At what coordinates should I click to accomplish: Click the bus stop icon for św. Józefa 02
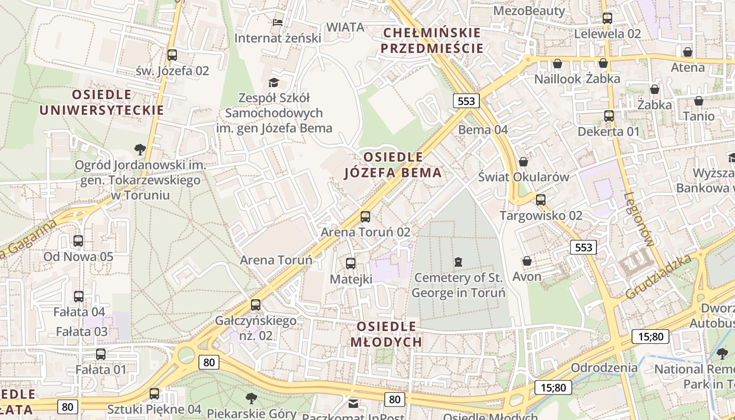[x=172, y=55]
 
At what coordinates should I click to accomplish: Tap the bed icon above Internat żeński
[x=278, y=22]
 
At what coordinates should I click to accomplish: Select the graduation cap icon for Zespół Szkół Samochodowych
[x=274, y=82]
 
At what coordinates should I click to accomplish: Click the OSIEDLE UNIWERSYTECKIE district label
[x=102, y=102]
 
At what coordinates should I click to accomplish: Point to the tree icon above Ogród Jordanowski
[x=140, y=150]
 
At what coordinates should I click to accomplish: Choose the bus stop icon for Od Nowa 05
[x=78, y=241]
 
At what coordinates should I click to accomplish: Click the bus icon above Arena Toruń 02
[x=365, y=216]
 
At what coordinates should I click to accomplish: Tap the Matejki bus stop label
[x=351, y=279]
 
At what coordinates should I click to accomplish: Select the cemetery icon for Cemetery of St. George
[x=458, y=261]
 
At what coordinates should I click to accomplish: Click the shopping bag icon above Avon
[x=527, y=261]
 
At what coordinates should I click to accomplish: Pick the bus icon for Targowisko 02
[x=541, y=199]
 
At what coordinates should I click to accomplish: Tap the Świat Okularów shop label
[x=523, y=177]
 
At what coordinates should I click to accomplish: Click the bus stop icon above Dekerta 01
[x=608, y=116]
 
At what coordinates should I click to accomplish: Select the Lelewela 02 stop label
[x=608, y=34]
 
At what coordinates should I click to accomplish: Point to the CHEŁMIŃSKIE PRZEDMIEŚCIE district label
[x=432, y=40]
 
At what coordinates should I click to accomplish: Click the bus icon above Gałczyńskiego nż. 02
[x=256, y=304]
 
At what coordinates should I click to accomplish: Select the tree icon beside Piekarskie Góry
[x=251, y=398]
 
